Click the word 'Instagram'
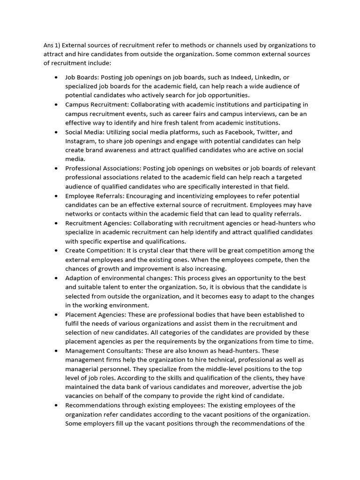[80, 141]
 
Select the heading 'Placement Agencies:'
[96, 315]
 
